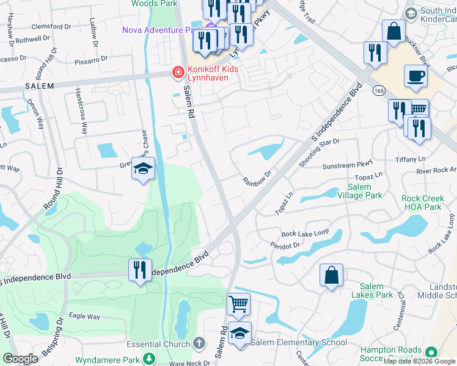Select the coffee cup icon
(415, 76)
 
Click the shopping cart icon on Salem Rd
(238, 303)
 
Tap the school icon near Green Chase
(142, 169)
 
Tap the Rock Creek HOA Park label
(430, 203)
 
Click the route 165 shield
(379, 90)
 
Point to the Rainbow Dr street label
(256, 181)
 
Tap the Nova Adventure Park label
(161, 30)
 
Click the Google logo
(21, 359)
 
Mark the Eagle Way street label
(84, 317)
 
